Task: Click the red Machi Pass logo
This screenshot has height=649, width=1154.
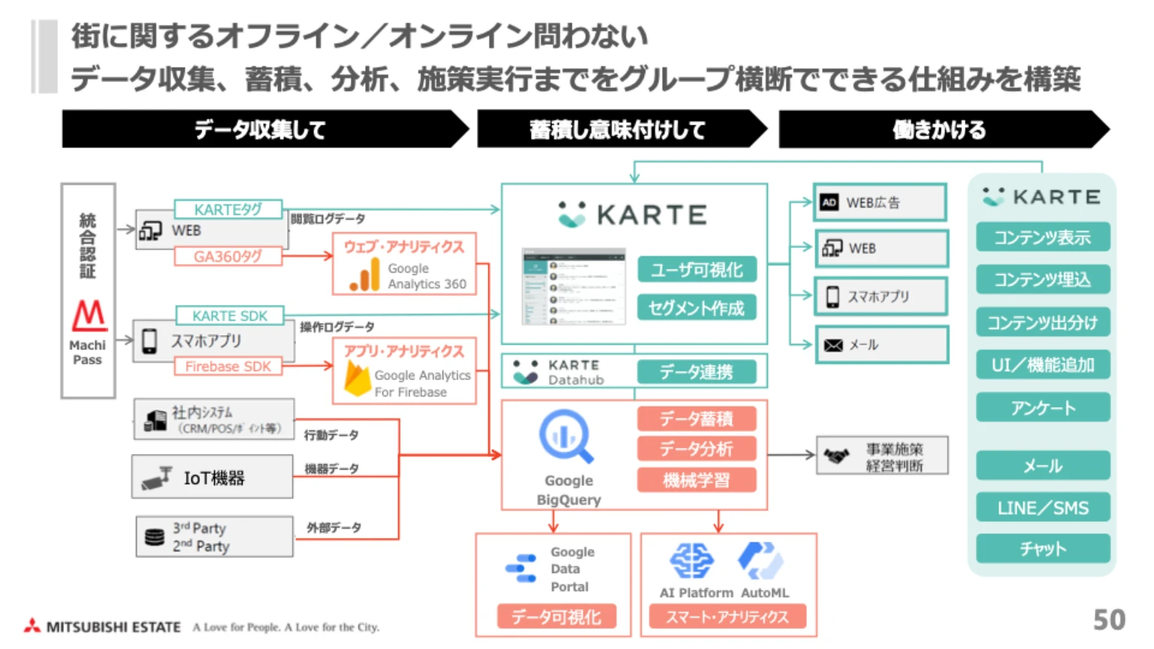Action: (x=89, y=315)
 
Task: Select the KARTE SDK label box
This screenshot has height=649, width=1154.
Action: (x=229, y=315)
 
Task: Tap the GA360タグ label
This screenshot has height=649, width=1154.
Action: (x=228, y=257)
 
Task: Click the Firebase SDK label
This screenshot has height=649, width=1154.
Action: (x=228, y=367)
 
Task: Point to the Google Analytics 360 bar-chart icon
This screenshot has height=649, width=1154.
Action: (x=365, y=275)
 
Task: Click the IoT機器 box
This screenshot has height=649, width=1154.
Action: (x=213, y=478)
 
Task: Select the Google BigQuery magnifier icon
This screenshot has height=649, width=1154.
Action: (x=566, y=436)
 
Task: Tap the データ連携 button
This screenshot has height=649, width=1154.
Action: (x=696, y=372)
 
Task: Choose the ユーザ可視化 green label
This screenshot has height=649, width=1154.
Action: (x=696, y=270)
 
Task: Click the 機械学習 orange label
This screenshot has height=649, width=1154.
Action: (x=696, y=480)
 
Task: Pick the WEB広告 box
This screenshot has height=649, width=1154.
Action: (x=880, y=203)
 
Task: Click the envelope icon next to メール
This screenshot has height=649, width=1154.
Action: (x=833, y=346)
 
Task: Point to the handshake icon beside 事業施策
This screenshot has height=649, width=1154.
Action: (x=836, y=456)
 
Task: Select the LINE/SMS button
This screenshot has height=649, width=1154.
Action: (x=1043, y=509)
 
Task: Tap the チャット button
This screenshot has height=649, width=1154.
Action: (x=1043, y=549)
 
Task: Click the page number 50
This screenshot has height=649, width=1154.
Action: (x=1109, y=620)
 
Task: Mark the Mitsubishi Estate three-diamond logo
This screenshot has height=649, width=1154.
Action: (x=32, y=626)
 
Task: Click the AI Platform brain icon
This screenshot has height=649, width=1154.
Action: (x=691, y=560)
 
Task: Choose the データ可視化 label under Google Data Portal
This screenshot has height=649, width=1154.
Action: (x=556, y=617)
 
